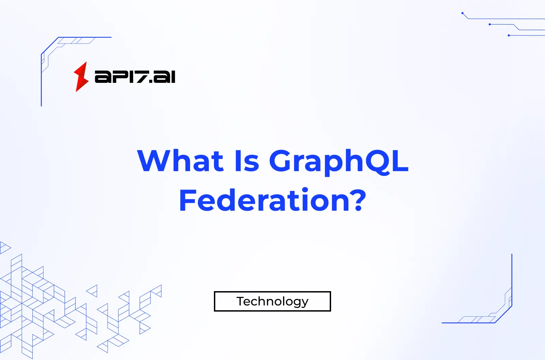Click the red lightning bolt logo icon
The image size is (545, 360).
coord(81,77)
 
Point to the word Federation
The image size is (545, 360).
coord(266,200)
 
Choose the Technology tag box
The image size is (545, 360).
coord(272,301)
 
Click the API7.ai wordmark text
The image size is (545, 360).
coord(135,77)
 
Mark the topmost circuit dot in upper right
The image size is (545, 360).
coord(462,13)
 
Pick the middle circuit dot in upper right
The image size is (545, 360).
coord(489,25)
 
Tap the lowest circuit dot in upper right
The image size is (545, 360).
coord(509,35)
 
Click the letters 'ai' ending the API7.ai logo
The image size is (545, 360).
coord(165,77)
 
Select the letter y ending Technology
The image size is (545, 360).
coord(304,303)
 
